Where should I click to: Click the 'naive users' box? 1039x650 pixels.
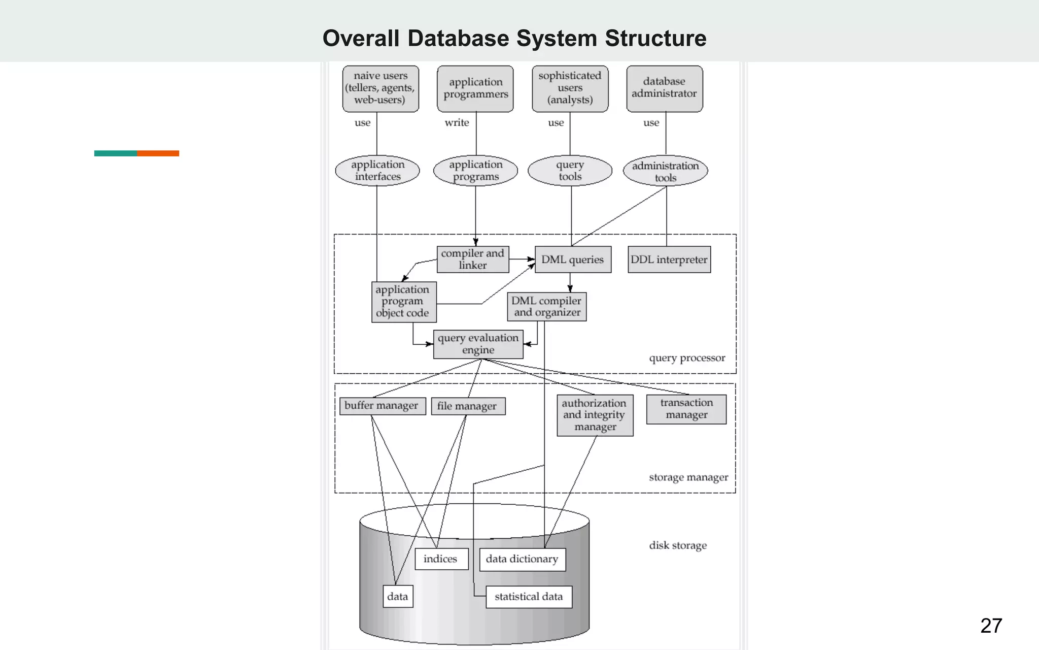coord(380,88)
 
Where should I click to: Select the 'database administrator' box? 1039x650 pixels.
coord(665,88)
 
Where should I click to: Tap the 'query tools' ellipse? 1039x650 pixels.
coord(570,171)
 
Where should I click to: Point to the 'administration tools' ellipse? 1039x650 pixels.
coord(665,171)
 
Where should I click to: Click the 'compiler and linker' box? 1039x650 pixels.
coord(473,259)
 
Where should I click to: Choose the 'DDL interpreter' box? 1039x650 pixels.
coord(669,259)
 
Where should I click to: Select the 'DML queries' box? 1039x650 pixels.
coord(573,259)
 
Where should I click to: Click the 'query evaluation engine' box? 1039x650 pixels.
coord(478,344)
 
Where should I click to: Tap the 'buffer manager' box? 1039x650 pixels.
coord(382,406)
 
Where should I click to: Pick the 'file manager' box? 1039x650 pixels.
coord(468,406)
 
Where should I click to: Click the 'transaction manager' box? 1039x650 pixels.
coord(686,409)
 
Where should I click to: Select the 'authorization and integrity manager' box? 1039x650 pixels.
coord(595,415)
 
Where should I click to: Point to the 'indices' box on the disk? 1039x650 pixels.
coord(441,559)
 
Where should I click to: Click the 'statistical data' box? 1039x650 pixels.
coord(529,597)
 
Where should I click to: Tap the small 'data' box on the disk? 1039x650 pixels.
coord(397,596)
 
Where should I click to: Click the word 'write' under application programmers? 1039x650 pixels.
coord(457,122)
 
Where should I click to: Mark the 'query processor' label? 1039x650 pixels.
coord(687,358)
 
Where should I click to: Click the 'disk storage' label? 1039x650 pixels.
coord(678,545)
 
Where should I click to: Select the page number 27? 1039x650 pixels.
coord(991,626)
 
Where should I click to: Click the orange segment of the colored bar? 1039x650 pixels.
coord(158,153)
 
